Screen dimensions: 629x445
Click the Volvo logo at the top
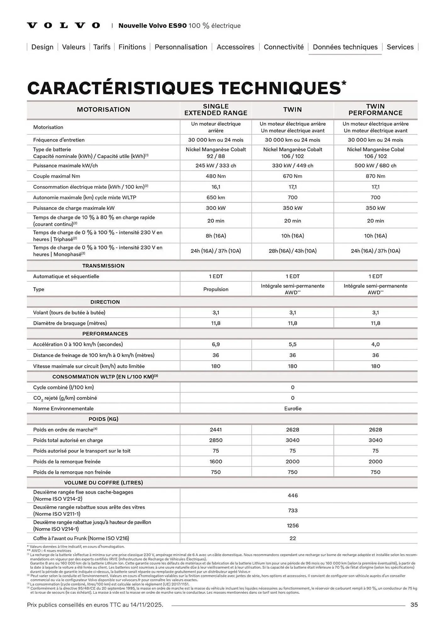[64, 25]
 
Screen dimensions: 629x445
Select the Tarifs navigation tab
[102, 47]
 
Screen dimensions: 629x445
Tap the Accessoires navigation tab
[235, 47]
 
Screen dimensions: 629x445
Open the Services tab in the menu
[400, 47]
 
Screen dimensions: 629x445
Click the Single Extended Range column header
[216, 109]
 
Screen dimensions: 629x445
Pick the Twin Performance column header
[375, 109]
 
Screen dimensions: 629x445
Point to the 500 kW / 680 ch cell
[375, 165]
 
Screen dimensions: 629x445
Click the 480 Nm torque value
[216, 176]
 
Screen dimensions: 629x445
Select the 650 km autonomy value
[216, 198]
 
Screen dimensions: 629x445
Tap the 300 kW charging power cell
[216, 208]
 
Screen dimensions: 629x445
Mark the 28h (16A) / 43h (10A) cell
[293, 251]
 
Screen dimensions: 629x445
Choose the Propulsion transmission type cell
[216, 289]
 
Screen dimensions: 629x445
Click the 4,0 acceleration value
[375, 344]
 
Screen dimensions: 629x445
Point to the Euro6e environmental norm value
[293, 409]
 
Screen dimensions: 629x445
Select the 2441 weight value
[216, 430]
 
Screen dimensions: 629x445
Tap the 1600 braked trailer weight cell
[216, 461]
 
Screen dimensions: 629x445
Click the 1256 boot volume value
[293, 526]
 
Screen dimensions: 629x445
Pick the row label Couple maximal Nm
[57, 176]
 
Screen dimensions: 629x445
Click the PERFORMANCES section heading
[105, 334]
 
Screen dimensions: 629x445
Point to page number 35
[414, 605]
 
